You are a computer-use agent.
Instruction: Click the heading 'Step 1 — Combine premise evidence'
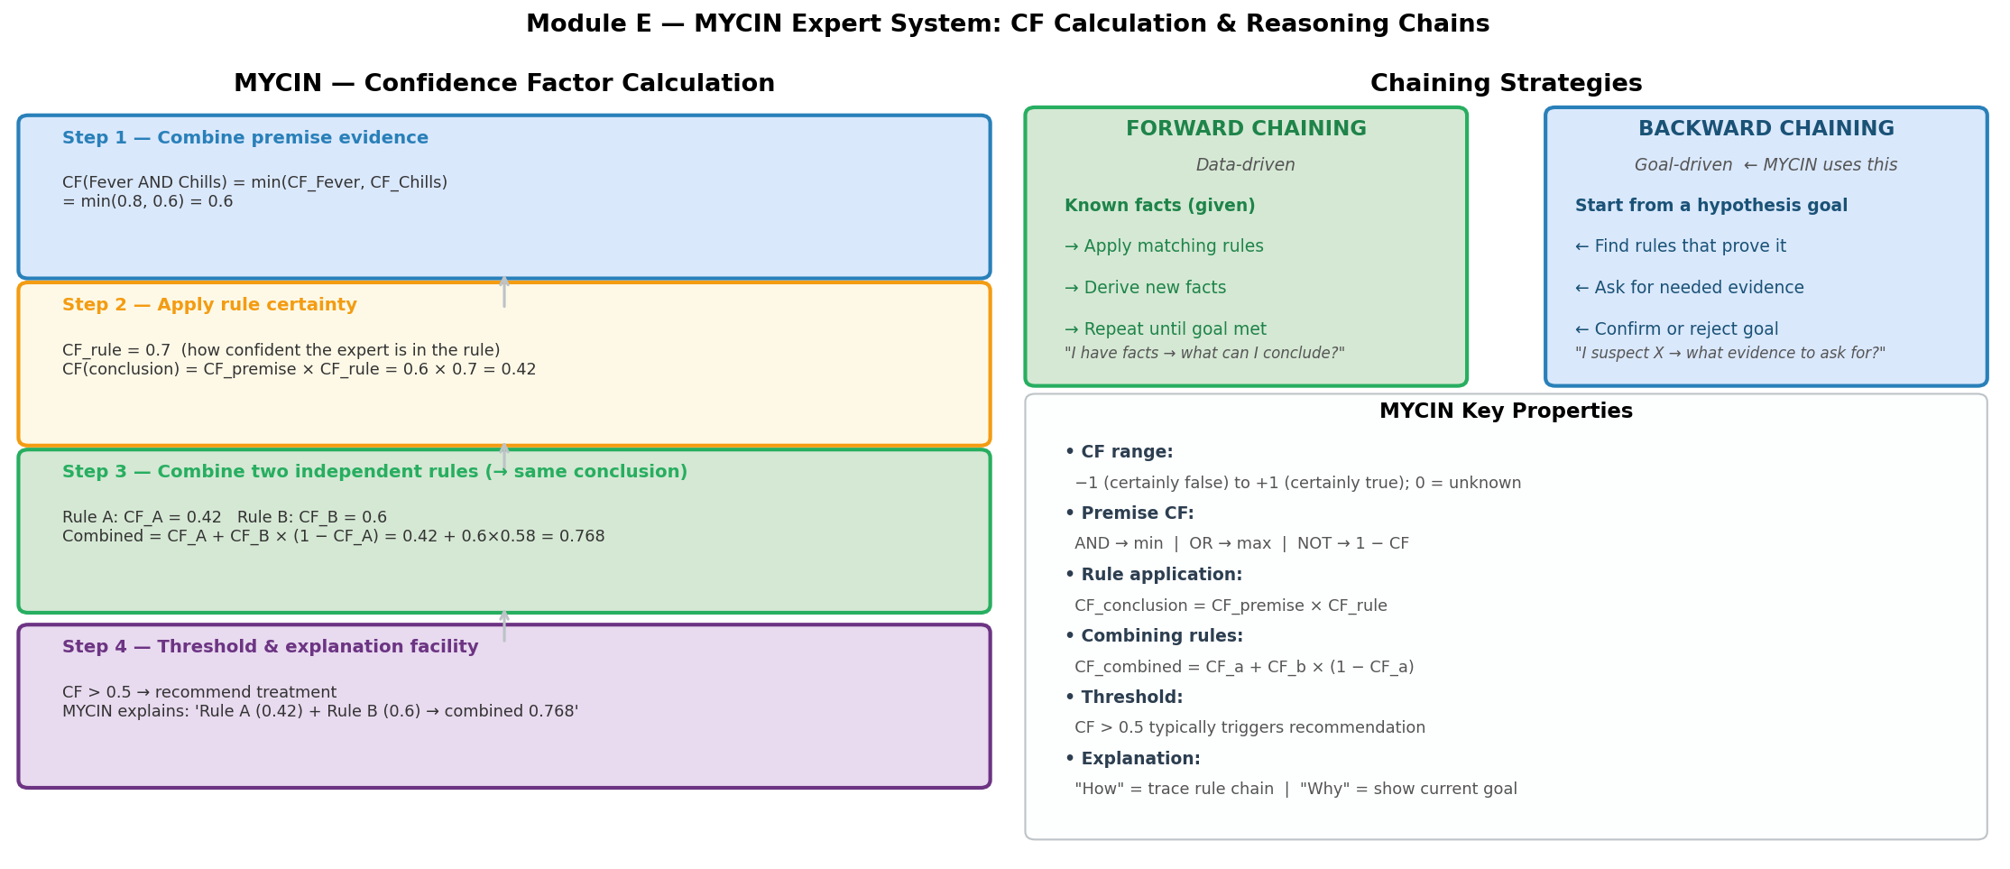tap(244, 138)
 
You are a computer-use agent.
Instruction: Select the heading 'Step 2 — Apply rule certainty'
tap(209, 305)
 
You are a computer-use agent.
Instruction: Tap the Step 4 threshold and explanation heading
tap(270, 647)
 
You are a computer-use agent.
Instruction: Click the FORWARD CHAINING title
tap(1245, 129)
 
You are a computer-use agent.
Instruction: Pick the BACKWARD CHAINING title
tap(1766, 129)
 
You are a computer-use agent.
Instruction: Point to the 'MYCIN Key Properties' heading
tap(1505, 411)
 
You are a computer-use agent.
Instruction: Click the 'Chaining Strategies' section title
tap(1505, 84)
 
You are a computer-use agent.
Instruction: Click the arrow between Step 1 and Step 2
tap(504, 291)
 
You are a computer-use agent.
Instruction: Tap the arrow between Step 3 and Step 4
tap(504, 625)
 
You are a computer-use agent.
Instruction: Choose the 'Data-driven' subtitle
tap(1245, 165)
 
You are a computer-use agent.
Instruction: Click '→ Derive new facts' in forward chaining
tap(1145, 288)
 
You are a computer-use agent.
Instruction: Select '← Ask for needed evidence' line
tap(1689, 288)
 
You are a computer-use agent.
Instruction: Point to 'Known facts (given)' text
tap(1159, 206)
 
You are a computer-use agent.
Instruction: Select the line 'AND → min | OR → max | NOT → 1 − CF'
tap(1240, 544)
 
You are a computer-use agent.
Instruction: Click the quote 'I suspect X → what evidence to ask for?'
tap(1729, 354)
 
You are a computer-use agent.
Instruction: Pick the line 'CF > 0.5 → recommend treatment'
tap(199, 693)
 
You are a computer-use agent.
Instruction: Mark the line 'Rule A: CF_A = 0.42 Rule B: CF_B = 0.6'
tap(225, 518)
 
